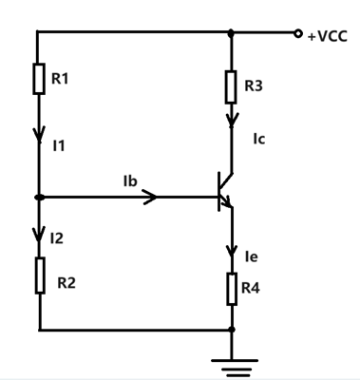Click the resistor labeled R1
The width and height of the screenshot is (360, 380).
coord(39,79)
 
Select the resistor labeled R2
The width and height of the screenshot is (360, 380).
coord(39,275)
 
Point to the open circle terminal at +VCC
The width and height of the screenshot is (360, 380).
coord(299,33)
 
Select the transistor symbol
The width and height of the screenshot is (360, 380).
coord(225,190)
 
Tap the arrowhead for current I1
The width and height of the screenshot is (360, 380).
coord(39,133)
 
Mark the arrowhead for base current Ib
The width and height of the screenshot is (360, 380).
coord(151,198)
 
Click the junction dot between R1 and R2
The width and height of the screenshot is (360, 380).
coord(39,198)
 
